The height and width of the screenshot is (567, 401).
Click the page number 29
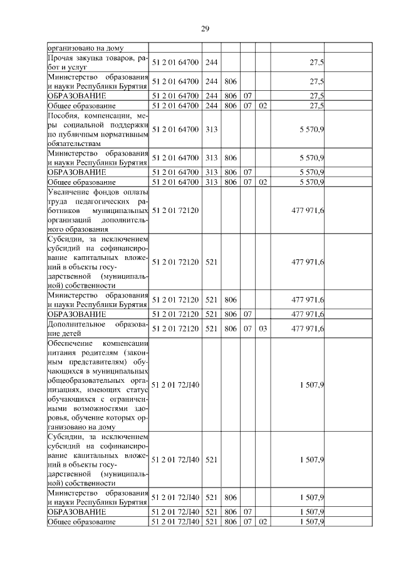point(205,29)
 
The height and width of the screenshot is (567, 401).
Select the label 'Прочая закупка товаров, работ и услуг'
point(98,63)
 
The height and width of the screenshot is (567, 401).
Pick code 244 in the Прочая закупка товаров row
point(211,63)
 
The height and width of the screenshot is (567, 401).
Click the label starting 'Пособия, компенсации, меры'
point(98,130)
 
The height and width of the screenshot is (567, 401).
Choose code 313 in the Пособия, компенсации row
point(211,130)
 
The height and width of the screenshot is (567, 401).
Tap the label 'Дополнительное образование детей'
point(98,328)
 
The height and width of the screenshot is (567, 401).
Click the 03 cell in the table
point(263,328)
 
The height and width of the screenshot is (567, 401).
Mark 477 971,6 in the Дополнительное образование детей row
point(308,328)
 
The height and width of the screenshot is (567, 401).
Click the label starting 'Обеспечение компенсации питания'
point(98,385)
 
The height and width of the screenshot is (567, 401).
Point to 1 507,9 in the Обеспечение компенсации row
point(311,385)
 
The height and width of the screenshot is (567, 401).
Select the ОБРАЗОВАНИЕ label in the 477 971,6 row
point(77,313)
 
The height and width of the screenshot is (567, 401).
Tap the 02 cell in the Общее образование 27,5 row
point(263,106)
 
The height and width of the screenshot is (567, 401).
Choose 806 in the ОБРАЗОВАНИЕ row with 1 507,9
point(230,512)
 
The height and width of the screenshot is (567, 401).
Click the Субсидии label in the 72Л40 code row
point(98,460)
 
